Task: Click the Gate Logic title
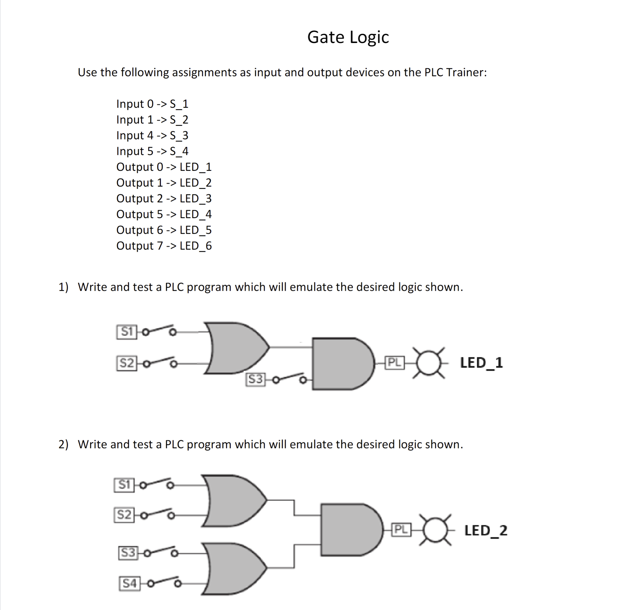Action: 348,37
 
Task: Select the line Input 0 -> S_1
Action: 152,104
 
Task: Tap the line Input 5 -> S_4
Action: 152,151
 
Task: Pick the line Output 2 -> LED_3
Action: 164,198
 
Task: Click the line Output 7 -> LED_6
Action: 164,246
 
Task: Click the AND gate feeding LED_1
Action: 341,364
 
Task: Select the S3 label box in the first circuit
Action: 255,379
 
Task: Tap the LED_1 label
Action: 481,362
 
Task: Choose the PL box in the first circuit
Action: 394,362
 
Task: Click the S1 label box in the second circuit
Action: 124,485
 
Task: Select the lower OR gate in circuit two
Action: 234,568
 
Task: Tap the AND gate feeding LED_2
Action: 349,530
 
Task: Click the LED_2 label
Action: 485,530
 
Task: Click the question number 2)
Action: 63,444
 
